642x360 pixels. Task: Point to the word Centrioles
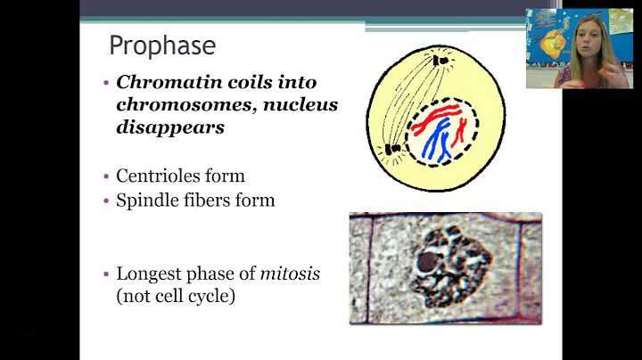156,176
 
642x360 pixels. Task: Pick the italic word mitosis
290,274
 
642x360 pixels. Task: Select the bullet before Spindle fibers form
107,200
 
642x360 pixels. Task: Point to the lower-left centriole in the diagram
391,149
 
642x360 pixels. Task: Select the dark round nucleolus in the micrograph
427,263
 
